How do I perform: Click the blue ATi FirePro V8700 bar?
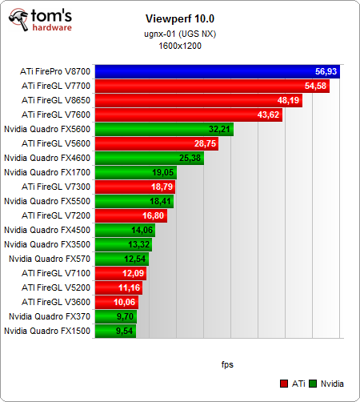point(216,71)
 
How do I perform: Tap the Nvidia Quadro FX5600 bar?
point(164,129)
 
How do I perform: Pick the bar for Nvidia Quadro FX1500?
point(115,330)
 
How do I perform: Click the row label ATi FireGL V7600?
point(56,115)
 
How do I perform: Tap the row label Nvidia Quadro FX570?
point(50,258)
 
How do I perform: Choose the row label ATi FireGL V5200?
point(56,287)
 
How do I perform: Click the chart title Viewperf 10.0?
point(179,18)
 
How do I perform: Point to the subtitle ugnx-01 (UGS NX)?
point(179,34)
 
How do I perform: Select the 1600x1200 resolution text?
point(179,46)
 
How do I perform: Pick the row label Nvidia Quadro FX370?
point(50,316)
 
